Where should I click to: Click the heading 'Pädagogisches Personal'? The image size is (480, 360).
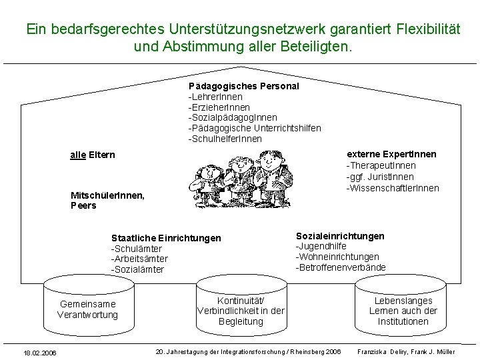point(243,86)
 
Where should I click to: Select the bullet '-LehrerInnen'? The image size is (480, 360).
point(215,97)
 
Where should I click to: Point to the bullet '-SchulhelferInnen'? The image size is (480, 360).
point(225,139)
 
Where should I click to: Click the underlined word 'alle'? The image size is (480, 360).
point(78,155)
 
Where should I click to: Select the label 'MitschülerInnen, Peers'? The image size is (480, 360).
point(107,200)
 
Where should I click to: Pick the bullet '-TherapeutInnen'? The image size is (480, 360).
point(381,165)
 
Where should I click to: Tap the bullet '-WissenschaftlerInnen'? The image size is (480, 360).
point(392,188)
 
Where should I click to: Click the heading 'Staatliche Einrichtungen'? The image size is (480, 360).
point(166,238)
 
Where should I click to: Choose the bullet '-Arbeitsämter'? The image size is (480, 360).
point(139,259)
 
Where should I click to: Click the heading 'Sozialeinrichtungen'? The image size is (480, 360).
point(340,236)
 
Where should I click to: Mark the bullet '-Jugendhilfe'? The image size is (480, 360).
point(321,247)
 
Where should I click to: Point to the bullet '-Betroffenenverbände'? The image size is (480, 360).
point(341,267)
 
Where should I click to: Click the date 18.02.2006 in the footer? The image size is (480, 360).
point(39,353)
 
